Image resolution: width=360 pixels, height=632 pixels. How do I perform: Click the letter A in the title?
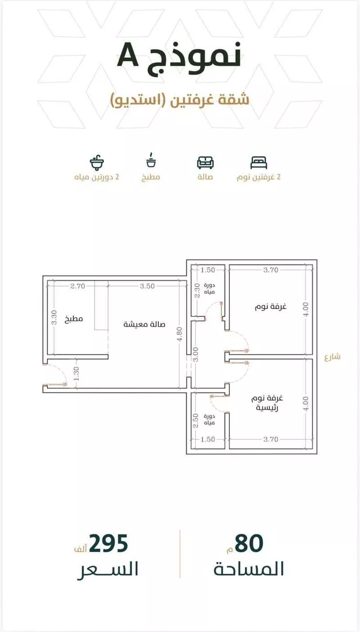click(x=128, y=55)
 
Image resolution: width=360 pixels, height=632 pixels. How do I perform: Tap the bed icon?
click(x=259, y=163)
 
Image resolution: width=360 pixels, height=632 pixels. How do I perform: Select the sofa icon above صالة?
click(x=205, y=162)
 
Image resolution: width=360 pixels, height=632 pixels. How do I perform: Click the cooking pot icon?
click(x=151, y=160)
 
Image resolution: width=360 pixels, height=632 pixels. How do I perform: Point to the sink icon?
click(x=97, y=163)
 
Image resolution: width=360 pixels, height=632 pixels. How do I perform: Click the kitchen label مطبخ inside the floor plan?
click(x=73, y=319)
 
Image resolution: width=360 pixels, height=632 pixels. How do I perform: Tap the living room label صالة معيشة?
click(x=144, y=324)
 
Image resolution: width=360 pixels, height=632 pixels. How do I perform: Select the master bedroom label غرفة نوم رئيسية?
click(x=267, y=403)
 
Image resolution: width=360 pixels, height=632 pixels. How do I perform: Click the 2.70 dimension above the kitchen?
click(x=78, y=286)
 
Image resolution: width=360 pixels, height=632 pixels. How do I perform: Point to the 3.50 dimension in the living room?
click(x=147, y=286)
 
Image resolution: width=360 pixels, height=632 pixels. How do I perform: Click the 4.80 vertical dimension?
click(x=180, y=334)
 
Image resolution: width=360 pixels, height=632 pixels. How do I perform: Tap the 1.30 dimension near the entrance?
click(x=76, y=373)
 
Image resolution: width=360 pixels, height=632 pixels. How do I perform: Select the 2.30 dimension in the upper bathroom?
click(x=197, y=291)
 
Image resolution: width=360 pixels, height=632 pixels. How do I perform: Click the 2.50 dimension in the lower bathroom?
click(x=195, y=421)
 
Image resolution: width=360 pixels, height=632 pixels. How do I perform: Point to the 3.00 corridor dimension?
click(x=195, y=354)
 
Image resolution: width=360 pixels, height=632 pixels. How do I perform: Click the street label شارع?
click(x=332, y=357)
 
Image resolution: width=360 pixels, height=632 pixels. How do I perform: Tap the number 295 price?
click(x=108, y=543)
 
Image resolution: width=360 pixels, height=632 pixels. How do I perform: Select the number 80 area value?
click(x=249, y=543)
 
